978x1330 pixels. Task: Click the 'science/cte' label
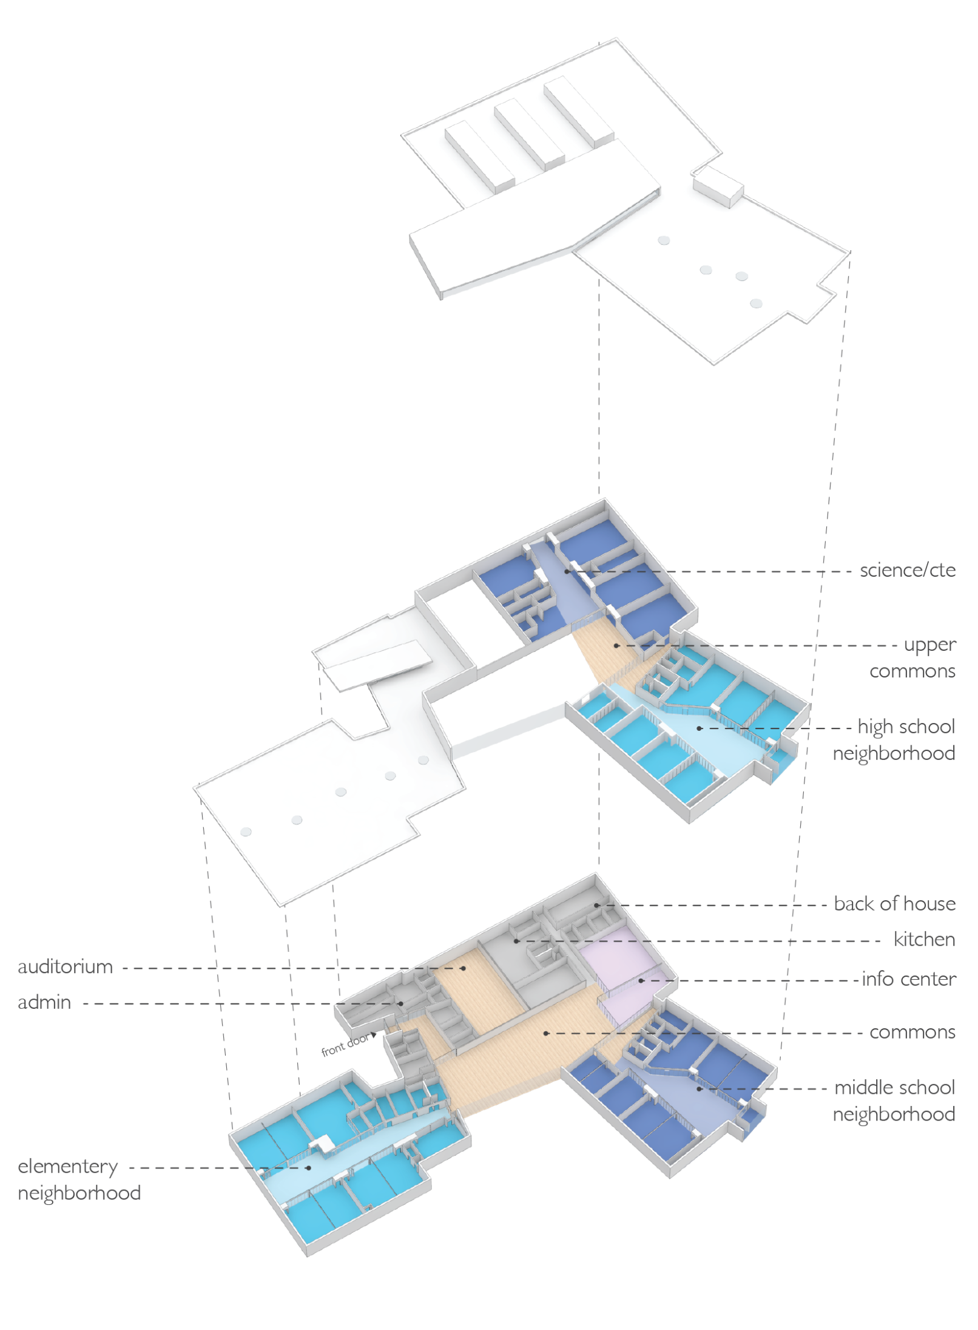coord(907,571)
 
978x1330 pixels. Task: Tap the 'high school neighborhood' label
coord(894,739)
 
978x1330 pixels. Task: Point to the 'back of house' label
coord(894,903)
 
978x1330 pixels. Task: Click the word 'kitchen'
coord(924,939)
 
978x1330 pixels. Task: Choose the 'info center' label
coord(909,979)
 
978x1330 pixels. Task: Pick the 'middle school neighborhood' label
coord(894,1100)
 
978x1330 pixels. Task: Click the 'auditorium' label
coord(66,966)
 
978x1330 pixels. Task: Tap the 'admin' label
coord(44,1002)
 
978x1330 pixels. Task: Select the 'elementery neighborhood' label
coord(79,1179)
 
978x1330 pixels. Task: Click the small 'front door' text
coord(345,1045)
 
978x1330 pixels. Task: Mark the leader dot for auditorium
coord(464,968)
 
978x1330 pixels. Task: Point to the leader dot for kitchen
coord(516,941)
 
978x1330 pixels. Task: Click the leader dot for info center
coord(641,980)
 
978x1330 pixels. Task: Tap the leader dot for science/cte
coord(567,571)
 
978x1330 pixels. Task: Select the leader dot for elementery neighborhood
coord(309,1167)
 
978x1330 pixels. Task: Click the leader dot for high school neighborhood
coord(699,728)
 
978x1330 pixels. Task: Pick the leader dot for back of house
coord(596,905)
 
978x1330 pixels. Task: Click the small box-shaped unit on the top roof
coord(718,186)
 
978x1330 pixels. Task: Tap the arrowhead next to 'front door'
coord(374,1035)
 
